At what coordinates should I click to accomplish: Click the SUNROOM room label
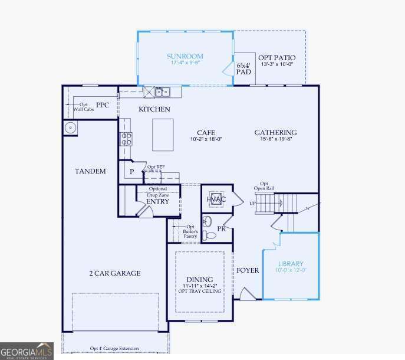tap(185, 57)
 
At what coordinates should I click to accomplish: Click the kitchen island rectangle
tap(163, 135)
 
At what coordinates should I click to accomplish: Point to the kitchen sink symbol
tap(162, 91)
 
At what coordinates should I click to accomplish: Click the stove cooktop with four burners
tap(126, 139)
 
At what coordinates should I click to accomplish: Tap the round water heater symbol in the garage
tap(70, 127)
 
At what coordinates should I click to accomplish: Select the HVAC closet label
tap(216, 199)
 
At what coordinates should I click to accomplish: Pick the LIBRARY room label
tap(291, 264)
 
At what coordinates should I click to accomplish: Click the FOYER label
tap(248, 270)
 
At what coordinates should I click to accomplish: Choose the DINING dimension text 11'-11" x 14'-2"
tap(200, 286)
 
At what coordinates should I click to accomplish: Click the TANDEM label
tap(90, 171)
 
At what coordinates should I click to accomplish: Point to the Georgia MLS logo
tap(27, 351)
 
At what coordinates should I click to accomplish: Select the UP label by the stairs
tap(253, 202)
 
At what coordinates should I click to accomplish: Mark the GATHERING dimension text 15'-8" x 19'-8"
tap(276, 139)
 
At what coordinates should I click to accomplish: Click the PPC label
tap(103, 105)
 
